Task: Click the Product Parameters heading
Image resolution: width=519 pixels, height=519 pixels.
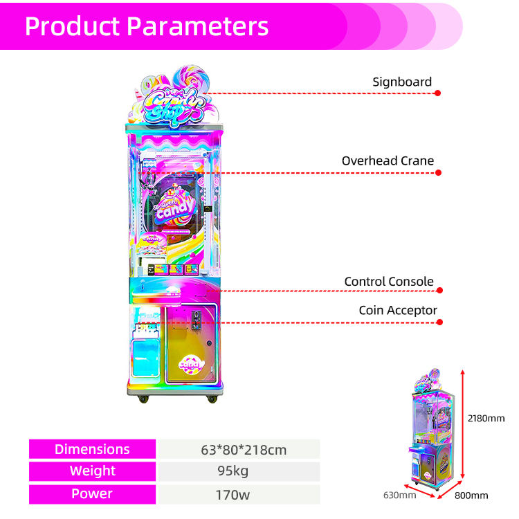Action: (146, 26)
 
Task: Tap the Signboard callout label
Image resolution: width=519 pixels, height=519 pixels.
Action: (401, 82)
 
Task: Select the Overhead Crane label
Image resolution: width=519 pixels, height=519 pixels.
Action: (388, 161)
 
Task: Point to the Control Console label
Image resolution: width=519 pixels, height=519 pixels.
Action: (389, 282)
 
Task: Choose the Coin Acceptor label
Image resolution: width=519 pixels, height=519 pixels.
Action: (398, 311)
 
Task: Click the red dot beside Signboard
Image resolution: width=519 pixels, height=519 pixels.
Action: (438, 93)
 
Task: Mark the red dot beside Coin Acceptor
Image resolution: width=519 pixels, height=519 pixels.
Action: (438, 322)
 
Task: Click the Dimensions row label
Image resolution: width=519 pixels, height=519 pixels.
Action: (92, 449)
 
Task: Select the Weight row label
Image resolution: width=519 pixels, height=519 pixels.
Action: (92, 471)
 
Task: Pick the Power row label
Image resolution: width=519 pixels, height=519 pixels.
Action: (92, 493)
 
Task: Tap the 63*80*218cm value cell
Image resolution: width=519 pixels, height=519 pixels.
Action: (239, 449)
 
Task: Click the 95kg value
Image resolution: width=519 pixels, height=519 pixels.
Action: (239, 471)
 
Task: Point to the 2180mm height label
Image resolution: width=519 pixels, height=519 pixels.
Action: (486, 418)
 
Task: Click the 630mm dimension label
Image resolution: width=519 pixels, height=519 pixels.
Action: (399, 495)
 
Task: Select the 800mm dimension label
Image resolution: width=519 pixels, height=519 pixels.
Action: (471, 495)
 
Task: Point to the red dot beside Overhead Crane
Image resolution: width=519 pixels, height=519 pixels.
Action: (438, 172)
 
